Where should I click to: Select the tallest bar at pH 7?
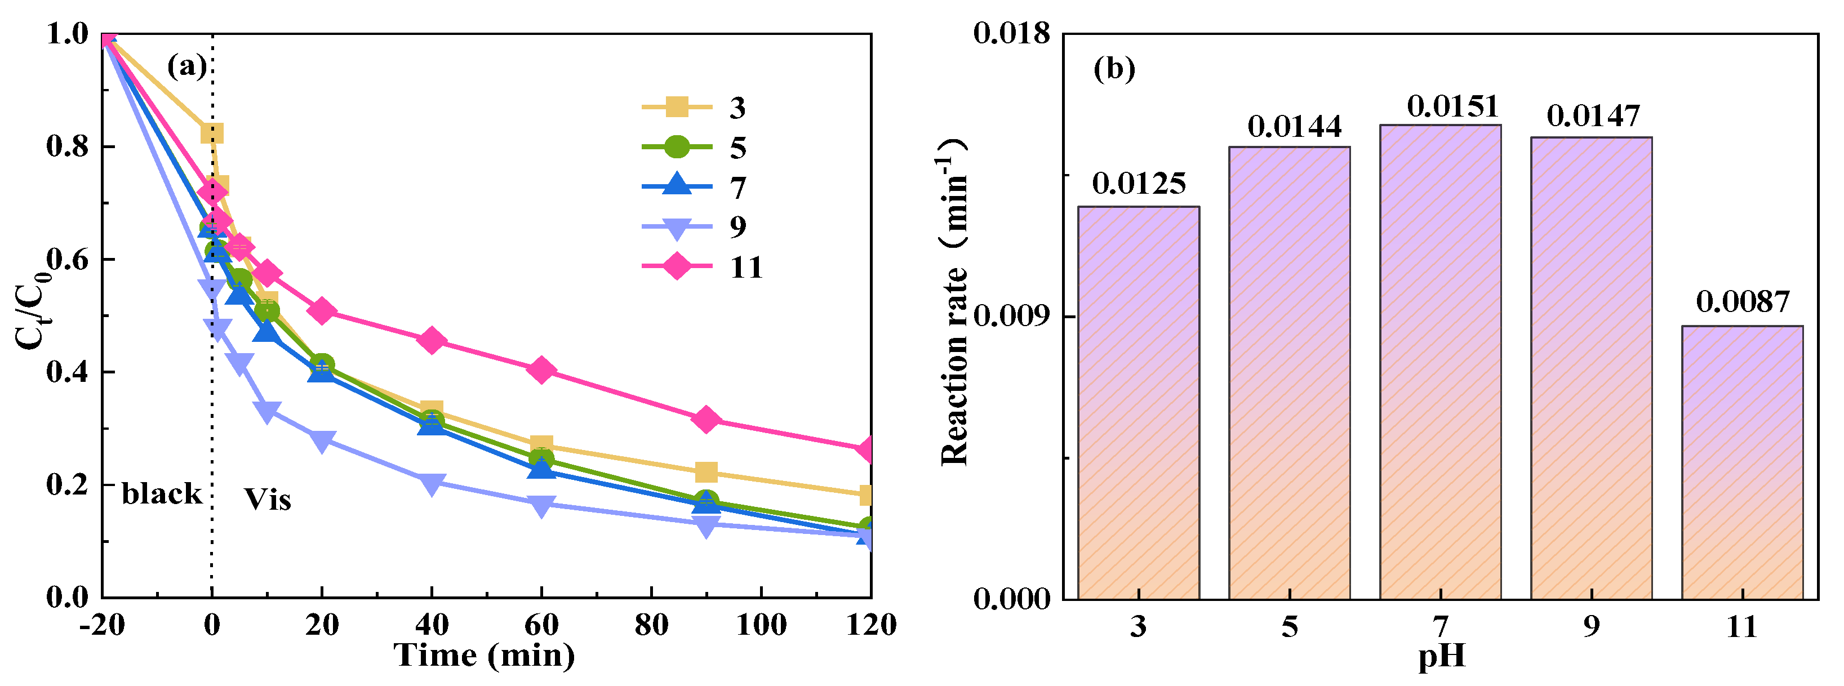point(1439,361)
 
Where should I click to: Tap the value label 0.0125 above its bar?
point(1138,184)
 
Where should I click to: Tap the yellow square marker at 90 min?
point(706,472)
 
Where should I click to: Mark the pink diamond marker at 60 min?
point(541,370)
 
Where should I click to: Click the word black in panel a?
point(162,493)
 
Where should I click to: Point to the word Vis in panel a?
point(268,500)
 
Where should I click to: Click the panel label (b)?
point(1114,69)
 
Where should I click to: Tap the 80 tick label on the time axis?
point(651,625)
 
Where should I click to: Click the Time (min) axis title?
point(485,655)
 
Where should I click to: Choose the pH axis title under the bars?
point(1441,657)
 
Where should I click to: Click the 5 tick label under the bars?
point(1289,627)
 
